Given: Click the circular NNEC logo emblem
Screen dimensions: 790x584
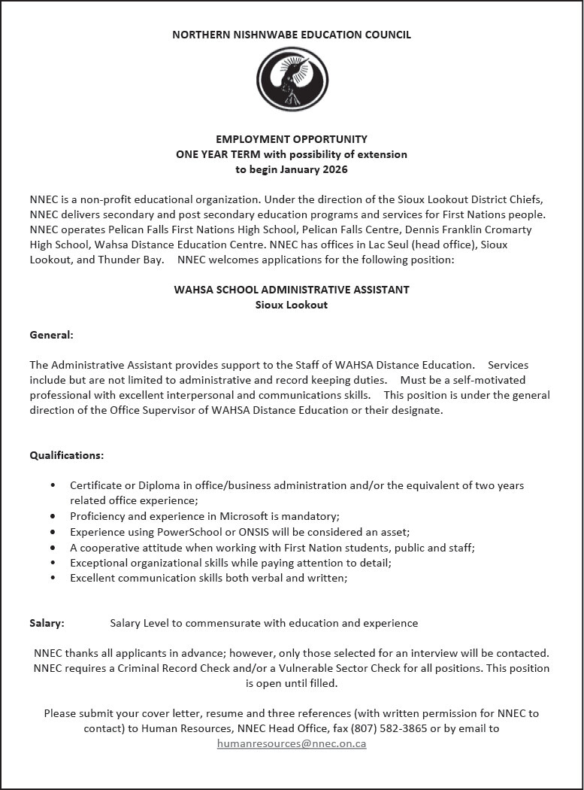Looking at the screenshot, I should click(x=292, y=79).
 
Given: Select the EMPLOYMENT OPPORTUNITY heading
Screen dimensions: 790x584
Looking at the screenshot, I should click(x=292, y=139).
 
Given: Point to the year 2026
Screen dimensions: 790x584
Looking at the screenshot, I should click(x=334, y=169).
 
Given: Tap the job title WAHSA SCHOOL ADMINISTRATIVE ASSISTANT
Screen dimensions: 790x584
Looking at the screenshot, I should click(x=292, y=290).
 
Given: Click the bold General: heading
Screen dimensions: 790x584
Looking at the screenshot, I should click(x=51, y=334).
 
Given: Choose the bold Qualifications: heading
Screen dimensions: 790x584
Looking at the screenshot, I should click(x=67, y=455).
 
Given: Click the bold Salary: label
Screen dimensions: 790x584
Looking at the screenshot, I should click(x=47, y=623).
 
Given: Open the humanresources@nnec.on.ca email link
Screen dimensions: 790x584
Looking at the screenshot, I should click(x=292, y=743).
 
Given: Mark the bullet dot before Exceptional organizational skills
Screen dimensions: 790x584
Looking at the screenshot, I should click(x=53, y=563).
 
